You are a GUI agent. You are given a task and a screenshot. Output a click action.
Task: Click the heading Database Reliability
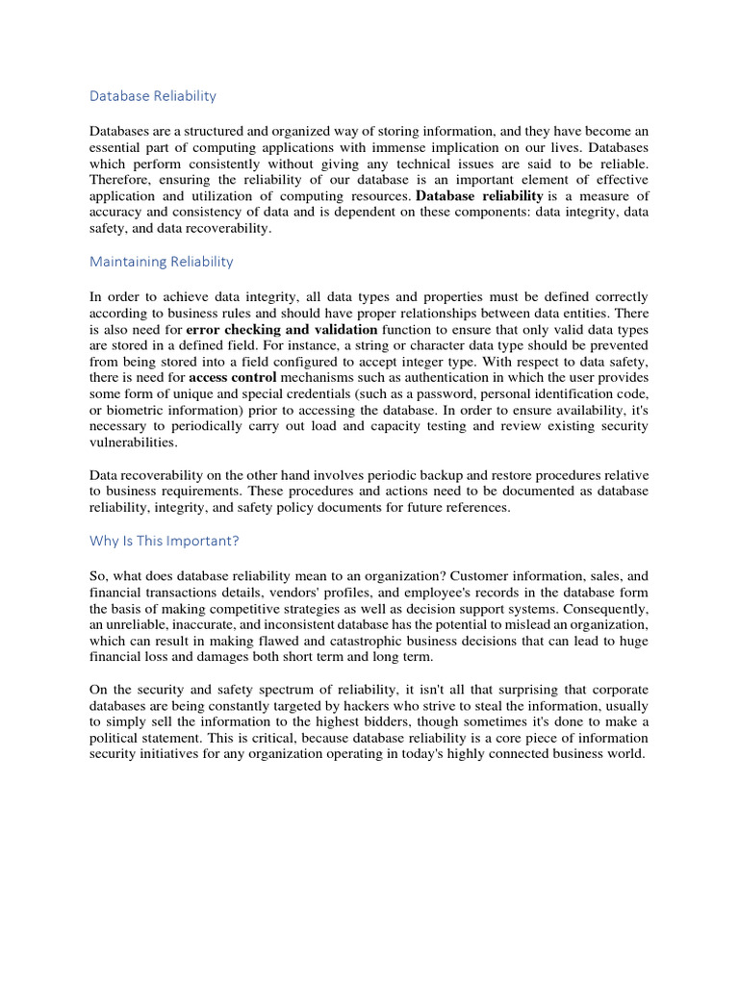tap(153, 96)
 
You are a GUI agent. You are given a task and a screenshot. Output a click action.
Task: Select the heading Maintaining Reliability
tap(162, 262)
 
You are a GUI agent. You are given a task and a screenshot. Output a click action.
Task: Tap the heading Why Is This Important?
tap(164, 541)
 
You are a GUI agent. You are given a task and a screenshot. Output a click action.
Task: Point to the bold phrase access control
tap(232, 378)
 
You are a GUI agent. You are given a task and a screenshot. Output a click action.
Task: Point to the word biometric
tap(137, 411)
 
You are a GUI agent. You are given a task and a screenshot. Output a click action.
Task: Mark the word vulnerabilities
tap(135, 443)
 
